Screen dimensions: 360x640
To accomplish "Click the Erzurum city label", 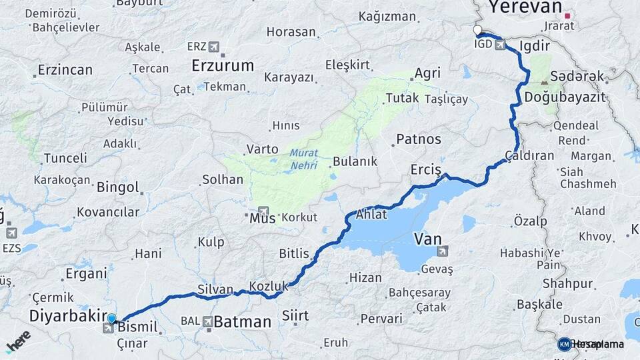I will tap(223, 65).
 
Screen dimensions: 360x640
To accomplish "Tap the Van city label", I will tap(427, 238).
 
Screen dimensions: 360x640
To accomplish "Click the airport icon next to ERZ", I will tap(213, 47).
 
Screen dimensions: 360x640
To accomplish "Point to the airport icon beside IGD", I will tap(500, 46).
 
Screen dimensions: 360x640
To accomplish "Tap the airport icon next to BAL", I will tap(208, 322).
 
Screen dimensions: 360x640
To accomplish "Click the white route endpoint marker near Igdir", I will tap(477, 30).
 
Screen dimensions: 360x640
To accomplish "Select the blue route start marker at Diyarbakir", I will tap(111, 319).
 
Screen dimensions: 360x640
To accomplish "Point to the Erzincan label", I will tap(65, 69).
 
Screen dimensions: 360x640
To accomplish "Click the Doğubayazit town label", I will tap(565, 97).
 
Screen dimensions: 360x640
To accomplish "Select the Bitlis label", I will tap(294, 253).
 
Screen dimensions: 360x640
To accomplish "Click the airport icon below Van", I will tap(442, 251).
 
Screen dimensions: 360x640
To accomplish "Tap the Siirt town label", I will tap(295, 315).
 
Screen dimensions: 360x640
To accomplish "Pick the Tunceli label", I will tap(65, 158).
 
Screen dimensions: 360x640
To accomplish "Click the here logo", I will tap(19, 340).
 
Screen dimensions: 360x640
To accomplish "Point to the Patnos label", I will tap(419, 139).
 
